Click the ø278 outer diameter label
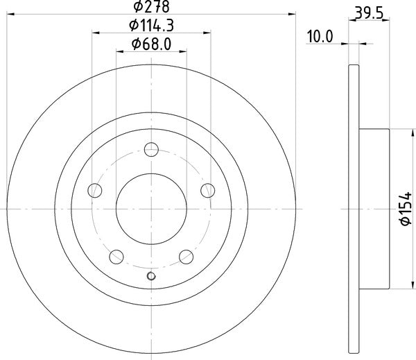tap(151, 8)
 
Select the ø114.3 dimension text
tap(151, 26)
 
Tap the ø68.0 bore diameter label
tap(151, 46)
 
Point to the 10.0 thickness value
tap(320, 37)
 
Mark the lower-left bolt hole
tap(116, 257)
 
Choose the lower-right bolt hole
tap(187, 257)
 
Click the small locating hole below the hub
tap(151, 277)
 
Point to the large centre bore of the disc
tap(151, 208)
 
